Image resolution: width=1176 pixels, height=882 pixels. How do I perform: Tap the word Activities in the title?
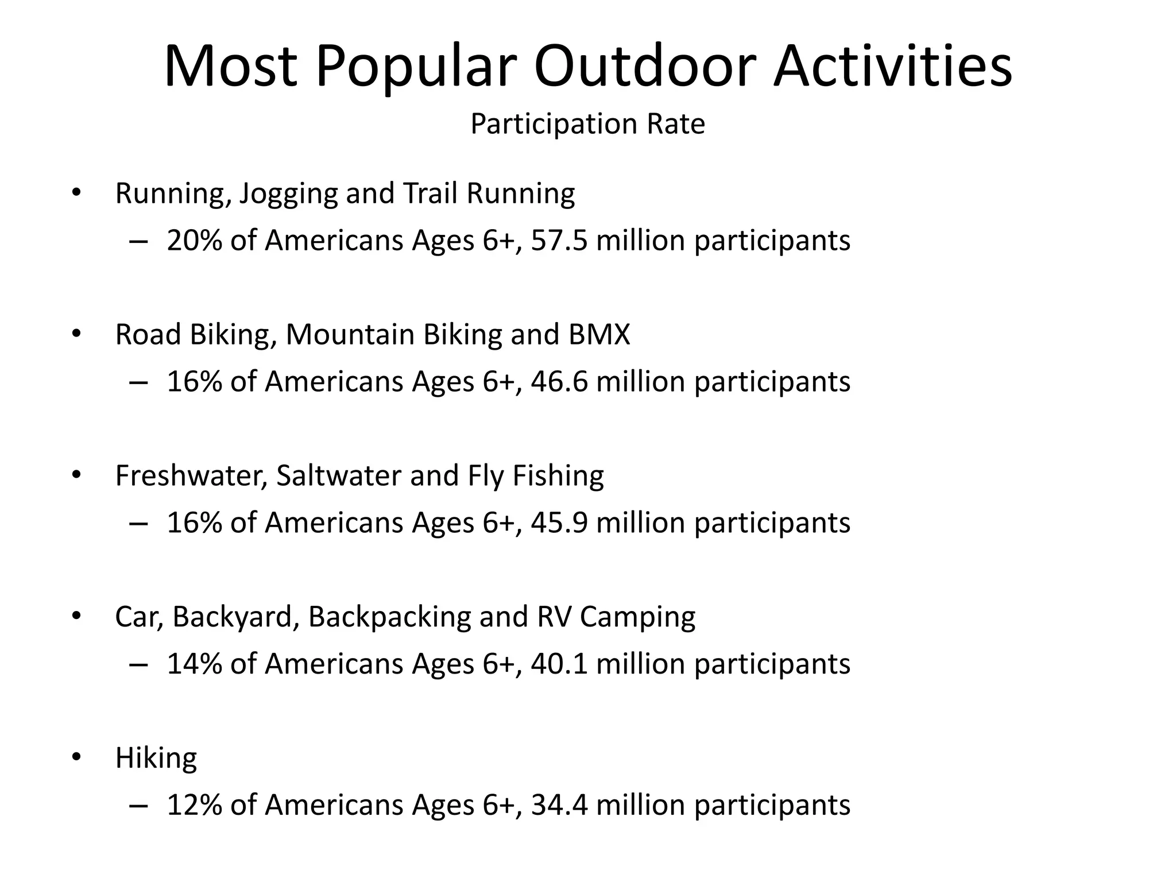(x=892, y=67)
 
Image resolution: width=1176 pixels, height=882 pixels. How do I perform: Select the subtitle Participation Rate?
(x=587, y=124)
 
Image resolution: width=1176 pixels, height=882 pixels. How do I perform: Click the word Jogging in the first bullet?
(x=288, y=194)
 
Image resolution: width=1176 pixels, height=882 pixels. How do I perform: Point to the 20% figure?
(x=194, y=241)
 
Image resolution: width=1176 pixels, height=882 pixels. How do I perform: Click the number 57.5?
(x=559, y=241)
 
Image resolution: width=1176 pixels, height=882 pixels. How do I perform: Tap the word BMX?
(x=599, y=335)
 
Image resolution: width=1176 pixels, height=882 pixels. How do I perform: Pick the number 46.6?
(x=559, y=382)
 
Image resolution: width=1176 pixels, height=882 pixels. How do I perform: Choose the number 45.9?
(x=559, y=523)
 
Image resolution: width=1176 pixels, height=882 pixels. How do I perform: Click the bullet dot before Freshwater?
(x=76, y=475)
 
